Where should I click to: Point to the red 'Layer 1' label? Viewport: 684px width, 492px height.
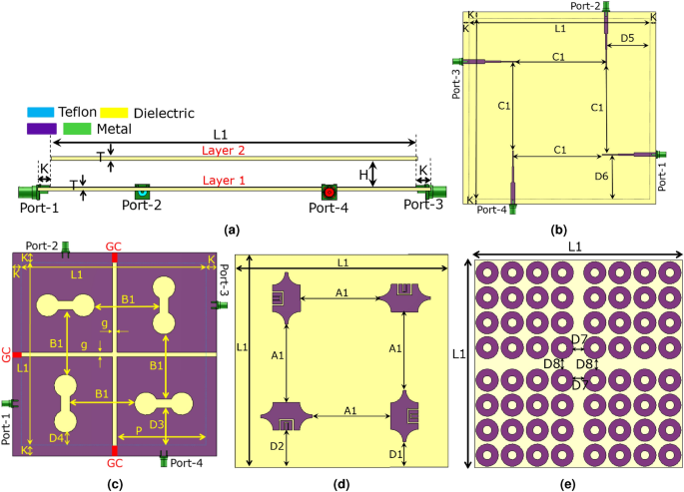[229, 181]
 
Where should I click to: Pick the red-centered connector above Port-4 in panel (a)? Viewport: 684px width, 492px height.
[329, 191]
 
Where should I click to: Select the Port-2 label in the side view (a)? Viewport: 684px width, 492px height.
[142, 207]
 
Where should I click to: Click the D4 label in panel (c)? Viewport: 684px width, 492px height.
[56, 437]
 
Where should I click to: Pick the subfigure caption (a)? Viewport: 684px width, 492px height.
[232, 229]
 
